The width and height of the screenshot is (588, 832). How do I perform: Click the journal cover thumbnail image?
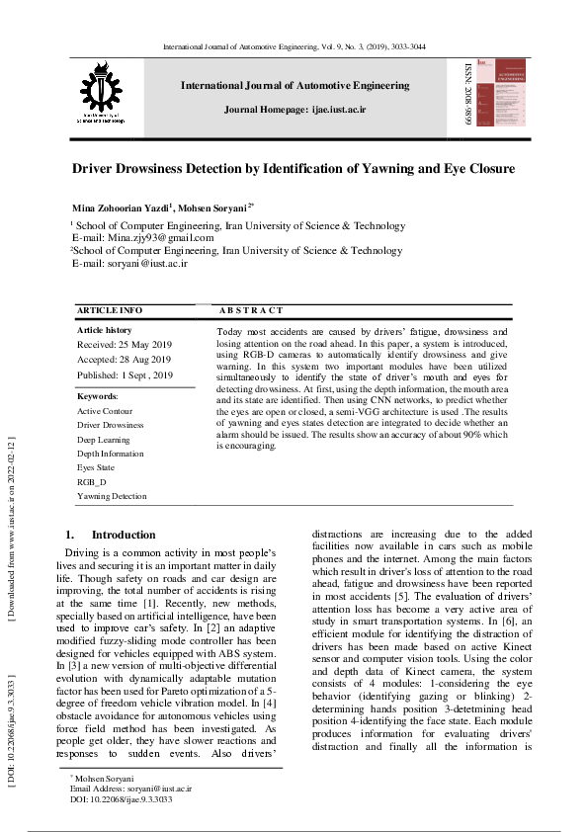click(500, 96)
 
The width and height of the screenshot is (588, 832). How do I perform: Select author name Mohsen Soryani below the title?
click(216, 209)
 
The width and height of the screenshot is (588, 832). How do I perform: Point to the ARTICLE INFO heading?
click(110, 310)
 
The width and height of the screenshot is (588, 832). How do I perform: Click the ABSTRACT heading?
click(250, 310)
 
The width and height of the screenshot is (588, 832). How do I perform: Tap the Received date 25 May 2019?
click(124, 345)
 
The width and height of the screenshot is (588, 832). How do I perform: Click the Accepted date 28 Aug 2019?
click(125, 360)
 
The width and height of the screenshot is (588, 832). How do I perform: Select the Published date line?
click(125, 375)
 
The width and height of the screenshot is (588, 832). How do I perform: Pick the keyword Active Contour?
click(105, 411)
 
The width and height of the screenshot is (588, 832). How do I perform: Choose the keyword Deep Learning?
click(103, 439)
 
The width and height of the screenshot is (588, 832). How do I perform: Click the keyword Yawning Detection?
click(112, 496)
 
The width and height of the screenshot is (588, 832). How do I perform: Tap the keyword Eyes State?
click(96, 467)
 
